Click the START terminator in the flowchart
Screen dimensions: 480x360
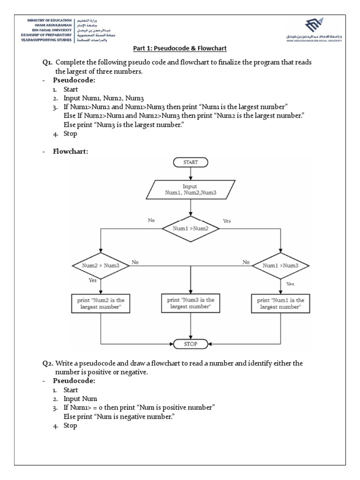point(190,162)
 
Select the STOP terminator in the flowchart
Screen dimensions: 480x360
point(190,344)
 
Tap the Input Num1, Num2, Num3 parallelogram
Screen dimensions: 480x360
point(190,189)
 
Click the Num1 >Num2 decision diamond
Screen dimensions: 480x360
point(190,228)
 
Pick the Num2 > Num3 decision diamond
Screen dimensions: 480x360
point(101,265)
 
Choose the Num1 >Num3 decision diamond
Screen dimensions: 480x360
point(280,265)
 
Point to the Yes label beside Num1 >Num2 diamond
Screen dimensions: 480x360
point(227,220)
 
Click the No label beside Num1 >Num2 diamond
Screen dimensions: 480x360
point(151,219)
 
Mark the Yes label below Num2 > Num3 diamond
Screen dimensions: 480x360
point(93,280)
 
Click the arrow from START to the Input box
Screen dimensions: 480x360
point(190,174)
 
